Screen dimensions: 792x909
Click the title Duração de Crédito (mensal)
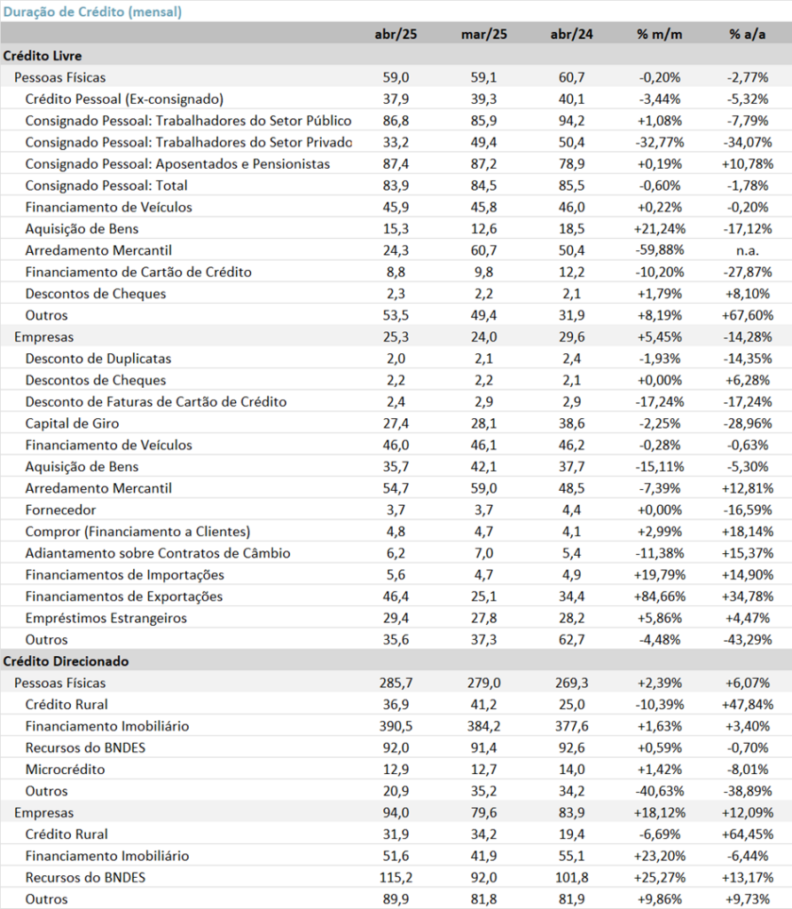pyautogui.click(x=93, y=12)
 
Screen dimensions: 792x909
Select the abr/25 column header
pyautogui.click(x=396, y=35)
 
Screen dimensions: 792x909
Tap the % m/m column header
pyautogui.click(x=659, y=35)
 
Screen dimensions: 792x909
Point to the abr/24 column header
pyautogui.click(x=572, y=35)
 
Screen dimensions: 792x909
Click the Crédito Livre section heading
pyautogui.click(x=43, y=56)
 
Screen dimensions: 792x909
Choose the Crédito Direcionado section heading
pyautogui.click(x=66, y=661)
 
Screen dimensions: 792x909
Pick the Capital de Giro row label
pyautogui.click(x=72, y=423)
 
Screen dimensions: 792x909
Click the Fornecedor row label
pyautogui.click(x=60, y=510)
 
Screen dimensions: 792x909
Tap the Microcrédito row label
pyautogui.click(x=65, y=770)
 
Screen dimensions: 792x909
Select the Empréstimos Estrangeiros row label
pyautogui.click(x=106, y=618)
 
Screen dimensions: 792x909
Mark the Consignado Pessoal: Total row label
pyautogui.click(x=106, y=186)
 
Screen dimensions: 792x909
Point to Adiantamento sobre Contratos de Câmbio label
pyautogui.click(x=158, y=553)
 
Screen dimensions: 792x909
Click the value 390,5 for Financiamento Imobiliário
pyautogui.click(x=396, y=726)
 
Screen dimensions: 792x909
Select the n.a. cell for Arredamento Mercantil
pyautogui.click(x=748, y=250)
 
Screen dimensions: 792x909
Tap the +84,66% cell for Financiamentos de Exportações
pyautogui.click(x=659, y=597)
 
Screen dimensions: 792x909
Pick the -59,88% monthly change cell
pyautogui.click(x=659, y=250)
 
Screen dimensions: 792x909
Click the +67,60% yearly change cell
pyautogui.click(x=748, y=315)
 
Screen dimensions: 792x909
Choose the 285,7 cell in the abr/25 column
pyautogui.click(x=396, y=683)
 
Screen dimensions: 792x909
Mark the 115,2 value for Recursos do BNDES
pyautogui.click(x=396, y=878)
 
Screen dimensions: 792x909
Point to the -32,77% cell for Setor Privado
pyautogui.click(x=659, y=142)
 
